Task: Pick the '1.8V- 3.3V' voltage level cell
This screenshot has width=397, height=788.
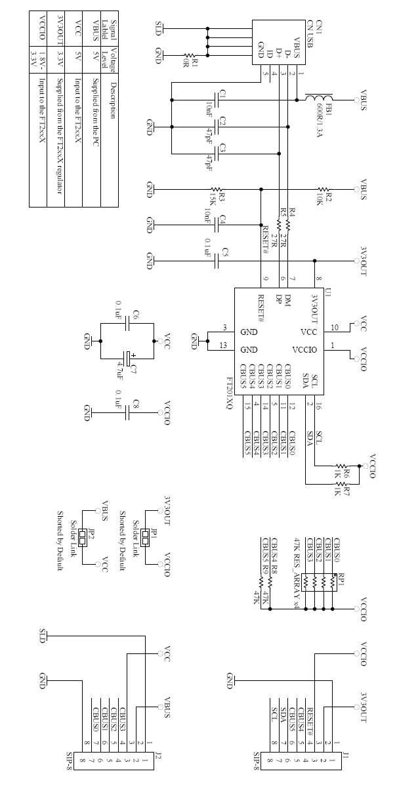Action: click(38, 58)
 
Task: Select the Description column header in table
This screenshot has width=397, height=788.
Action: click(113, 98)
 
